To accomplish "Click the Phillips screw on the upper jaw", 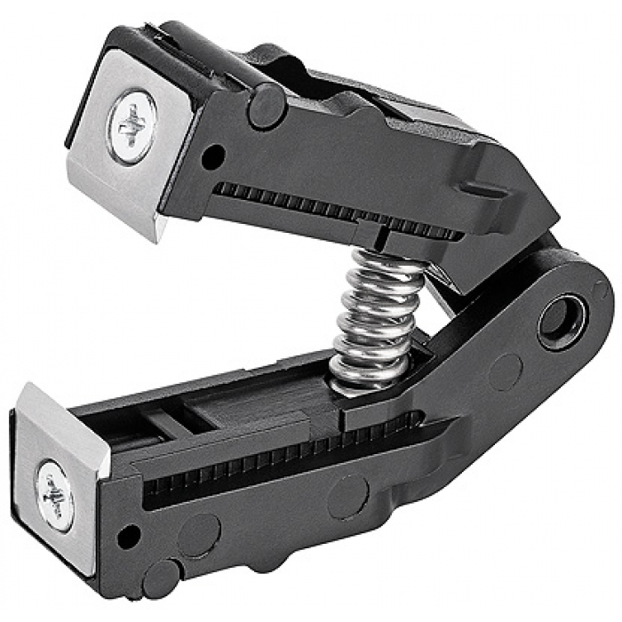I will (132, 125).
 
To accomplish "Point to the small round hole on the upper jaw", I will (211, 159).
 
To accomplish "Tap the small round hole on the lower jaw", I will (130, 535).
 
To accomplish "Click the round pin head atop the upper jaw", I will (266, 106).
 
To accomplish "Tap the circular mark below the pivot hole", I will (506, 372).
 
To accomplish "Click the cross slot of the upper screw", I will (132, 125).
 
